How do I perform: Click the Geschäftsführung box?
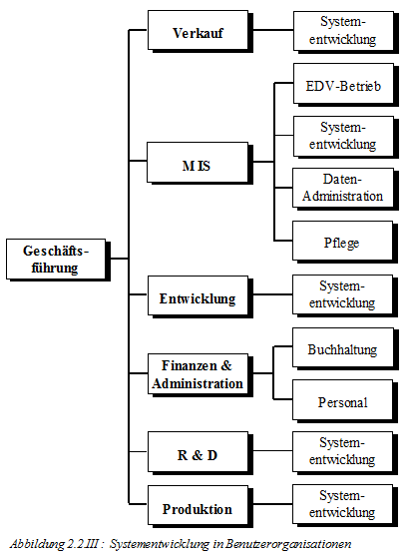[58, 260]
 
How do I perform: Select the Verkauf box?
[201, 32]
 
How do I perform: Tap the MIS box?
[200, 164]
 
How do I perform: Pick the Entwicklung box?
[201, 296]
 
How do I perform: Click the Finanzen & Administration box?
[201, 375]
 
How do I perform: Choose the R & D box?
[201, 453]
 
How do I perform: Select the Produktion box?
[201, 506]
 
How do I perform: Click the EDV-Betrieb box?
[346, 85]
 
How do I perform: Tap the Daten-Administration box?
[345, 190]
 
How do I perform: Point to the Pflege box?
[345, 243]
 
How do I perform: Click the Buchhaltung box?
[345, 349]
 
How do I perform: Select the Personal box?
[345, 401]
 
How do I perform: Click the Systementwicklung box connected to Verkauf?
[346, 32]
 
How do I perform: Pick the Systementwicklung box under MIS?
[346, 137]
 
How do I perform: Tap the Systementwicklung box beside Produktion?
[345, 506]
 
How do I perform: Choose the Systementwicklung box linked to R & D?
[345, 453]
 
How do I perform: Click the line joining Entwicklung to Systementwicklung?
[272, 294]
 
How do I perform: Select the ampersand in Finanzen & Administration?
[226, 365]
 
